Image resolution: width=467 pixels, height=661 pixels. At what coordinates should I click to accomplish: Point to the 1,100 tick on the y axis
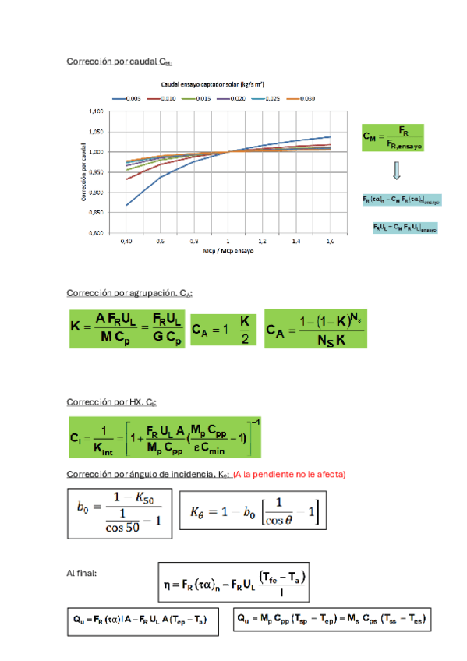(95, 111)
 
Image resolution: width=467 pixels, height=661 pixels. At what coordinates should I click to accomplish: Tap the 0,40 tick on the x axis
(126, 242)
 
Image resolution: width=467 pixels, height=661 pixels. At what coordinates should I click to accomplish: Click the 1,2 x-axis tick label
(262, 242)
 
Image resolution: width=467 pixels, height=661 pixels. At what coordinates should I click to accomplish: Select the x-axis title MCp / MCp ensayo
(228, 252)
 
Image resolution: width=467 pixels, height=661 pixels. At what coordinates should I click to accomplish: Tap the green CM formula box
(391, 136)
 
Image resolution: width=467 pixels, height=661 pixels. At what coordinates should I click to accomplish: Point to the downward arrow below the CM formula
(396, 170)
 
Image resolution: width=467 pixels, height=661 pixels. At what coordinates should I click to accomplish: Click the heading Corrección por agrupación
(129, 293)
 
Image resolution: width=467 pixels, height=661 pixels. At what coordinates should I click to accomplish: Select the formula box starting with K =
(127, 328)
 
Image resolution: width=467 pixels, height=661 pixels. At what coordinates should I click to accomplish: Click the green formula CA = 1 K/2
(224, 328)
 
